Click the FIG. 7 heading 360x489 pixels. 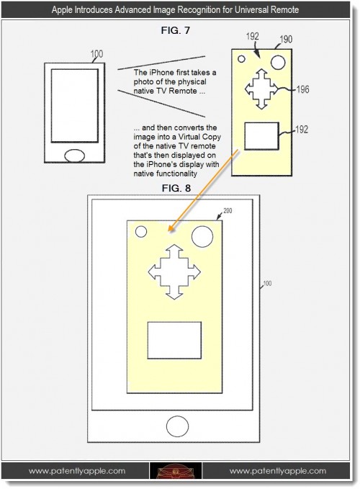click(175, 30)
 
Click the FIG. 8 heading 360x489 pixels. click(176, 188)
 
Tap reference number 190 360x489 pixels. click(286, 40)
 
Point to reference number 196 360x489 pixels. click(302, 89)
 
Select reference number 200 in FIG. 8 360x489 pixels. click(228, 211)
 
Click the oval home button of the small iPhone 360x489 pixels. click(74, 156)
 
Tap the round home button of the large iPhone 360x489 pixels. click(177, 426)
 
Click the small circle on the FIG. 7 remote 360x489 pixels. click(241, 59)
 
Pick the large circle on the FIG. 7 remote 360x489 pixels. click(278, 63)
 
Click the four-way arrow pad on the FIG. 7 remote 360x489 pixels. click(261, 89)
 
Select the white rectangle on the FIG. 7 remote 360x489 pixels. click(261, 136)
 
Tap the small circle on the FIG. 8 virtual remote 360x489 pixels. click(141, 232)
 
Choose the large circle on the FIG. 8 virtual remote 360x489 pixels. click(202, 237)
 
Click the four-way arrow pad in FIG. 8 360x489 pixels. click(174, 272)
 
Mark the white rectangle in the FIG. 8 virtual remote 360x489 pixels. click(174, 340)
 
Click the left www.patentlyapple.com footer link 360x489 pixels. click(77, 471)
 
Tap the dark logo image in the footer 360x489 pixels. click(176, 471)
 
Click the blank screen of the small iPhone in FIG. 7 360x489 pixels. click(74, 106)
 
